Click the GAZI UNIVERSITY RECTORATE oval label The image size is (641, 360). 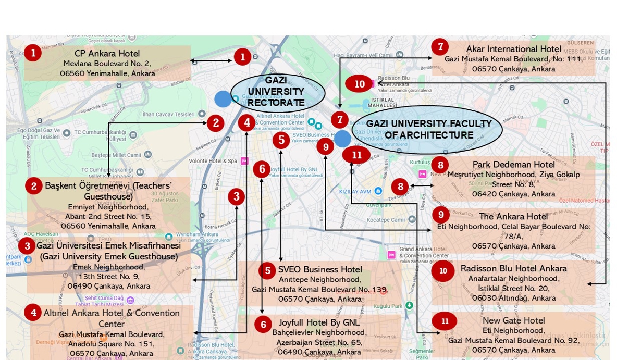tap(277, 92)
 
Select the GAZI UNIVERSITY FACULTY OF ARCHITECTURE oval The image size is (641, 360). tap(427, 129)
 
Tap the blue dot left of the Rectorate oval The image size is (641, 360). tap(223, 98)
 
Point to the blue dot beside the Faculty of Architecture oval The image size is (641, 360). tap(342, 139)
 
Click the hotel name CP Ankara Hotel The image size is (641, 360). tap(107, 54)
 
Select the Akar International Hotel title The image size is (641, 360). tap(513, 49)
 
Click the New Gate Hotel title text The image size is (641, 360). tap(513, 320)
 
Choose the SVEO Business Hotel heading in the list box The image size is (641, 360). tap(320, 269)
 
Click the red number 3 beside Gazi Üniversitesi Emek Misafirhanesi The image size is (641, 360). tap(27, 245)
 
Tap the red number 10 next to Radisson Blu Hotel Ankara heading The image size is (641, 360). tap(443, 270)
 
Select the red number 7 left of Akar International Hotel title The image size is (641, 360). tap(440, 47)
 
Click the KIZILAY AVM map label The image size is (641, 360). tap(355, 192)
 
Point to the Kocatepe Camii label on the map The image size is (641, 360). tap(386, 220)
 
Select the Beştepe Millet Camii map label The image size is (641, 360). tap(116, 155)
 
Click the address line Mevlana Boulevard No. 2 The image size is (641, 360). tap(107, 64)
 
